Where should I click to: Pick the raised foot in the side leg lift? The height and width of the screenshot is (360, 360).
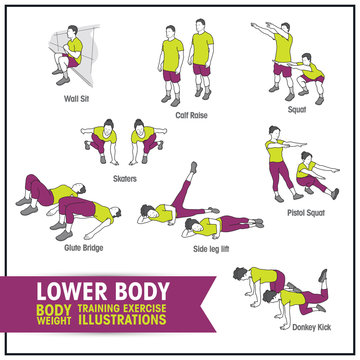[194, 166]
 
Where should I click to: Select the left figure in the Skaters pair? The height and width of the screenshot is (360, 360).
[103, 140]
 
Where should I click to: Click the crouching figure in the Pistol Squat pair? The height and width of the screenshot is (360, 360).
[310, 175]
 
